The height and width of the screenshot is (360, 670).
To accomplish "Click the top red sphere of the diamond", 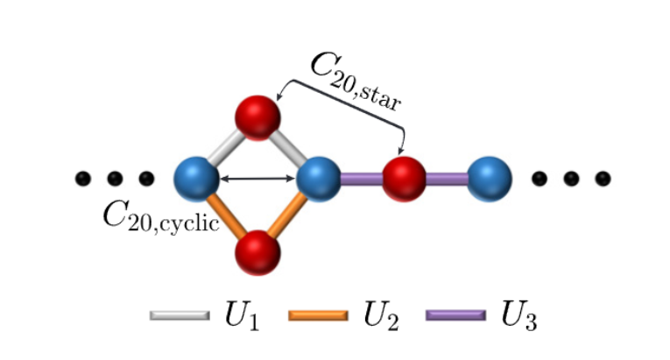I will [257, 116].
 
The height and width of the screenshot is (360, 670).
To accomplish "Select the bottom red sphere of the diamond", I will [257, 252].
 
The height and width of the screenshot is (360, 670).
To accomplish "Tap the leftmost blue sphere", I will [197, 179].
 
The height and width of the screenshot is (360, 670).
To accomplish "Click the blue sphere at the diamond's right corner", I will [318, 179].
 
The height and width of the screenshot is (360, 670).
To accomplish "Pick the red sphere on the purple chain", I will [404, 179].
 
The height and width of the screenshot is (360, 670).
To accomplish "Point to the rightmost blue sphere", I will [489, 179].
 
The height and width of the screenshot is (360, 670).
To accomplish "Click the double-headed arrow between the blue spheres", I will [257, 179].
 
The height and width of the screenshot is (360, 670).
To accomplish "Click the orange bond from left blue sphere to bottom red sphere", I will [226, 215].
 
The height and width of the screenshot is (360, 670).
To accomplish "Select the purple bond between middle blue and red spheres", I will [360, 179].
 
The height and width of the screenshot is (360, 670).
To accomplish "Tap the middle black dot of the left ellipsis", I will [115, 179].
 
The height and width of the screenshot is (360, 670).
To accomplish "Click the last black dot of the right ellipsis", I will [603, 179].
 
